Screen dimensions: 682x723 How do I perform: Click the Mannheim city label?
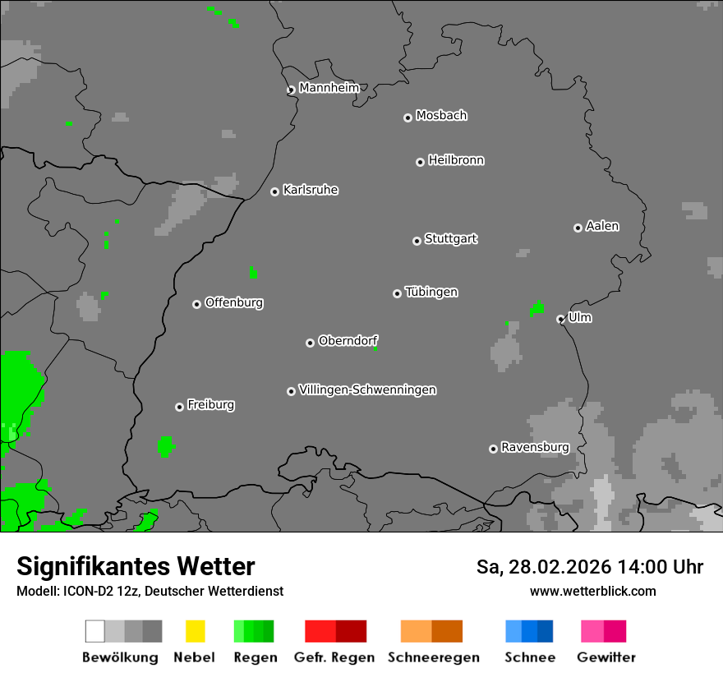(329, 88)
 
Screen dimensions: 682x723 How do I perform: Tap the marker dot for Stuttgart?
(417, 241)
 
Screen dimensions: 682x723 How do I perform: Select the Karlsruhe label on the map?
(310, 190)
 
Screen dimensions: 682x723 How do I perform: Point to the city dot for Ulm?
(560, 319)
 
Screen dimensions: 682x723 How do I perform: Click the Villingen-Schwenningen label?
(367, 389)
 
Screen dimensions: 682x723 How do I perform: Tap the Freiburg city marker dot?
(179, 407)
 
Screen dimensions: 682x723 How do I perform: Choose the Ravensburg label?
(535, 447)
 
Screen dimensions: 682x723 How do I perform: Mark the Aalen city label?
(602, 226)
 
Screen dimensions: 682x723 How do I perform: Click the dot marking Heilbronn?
(420, 162)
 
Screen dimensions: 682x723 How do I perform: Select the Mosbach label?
(441, 116)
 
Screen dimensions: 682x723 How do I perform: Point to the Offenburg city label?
(233, 302)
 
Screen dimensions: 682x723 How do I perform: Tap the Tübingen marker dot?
(397, 293)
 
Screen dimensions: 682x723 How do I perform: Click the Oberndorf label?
(348, 340)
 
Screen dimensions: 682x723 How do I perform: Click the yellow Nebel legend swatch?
(195, 631)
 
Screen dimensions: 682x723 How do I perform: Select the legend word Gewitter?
(606, 657)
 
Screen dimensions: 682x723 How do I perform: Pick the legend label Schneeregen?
(433, 657)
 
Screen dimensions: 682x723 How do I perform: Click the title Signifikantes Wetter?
(136, 566)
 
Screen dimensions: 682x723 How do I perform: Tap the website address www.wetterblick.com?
(592, 591)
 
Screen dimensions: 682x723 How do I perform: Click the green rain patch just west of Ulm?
(537, 309)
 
